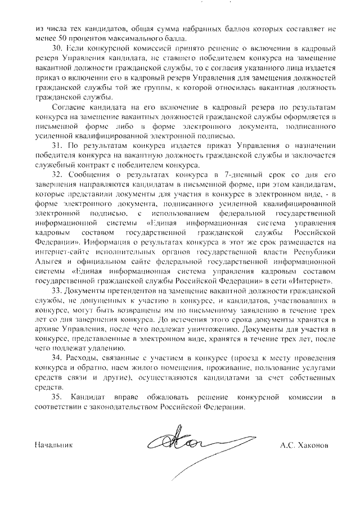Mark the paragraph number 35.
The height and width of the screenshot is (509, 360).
tap(56, 398)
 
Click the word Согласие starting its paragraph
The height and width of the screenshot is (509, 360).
tap(66, 107)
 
